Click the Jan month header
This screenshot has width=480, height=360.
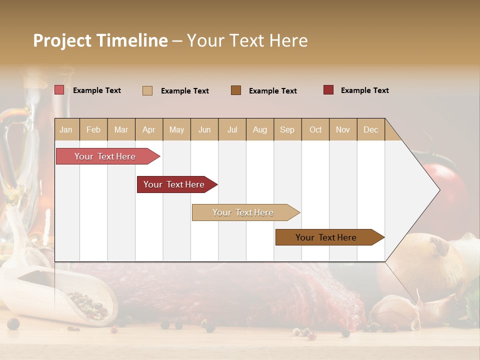[x=66, y=129]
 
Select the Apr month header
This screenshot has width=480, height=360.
[x=149, y=129]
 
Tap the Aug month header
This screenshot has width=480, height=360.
[x=260, y=129]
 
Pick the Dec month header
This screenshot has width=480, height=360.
[x=371, y=129]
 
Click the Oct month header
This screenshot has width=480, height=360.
[x=315, y=129]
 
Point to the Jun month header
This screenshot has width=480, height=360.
[x=204, y=129]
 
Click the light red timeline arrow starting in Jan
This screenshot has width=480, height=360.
[x=105, y=156]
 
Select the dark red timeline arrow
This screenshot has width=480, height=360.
[x=174, y=184]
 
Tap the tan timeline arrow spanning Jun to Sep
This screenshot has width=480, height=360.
[x=243, y=212]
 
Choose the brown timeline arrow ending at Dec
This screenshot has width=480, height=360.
[x=326, y=237]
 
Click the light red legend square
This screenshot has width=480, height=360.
[x=59, y=90]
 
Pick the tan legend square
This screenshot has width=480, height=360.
[x=147, y=90]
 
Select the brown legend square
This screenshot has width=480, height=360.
[x=236, y=90]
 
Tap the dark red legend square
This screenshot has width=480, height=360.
[x=328, y=90]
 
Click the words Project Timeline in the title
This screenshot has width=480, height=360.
[x=100, y=40]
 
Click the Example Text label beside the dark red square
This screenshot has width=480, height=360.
[x=364, y=90]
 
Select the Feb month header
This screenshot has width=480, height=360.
[x=93, y=129]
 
